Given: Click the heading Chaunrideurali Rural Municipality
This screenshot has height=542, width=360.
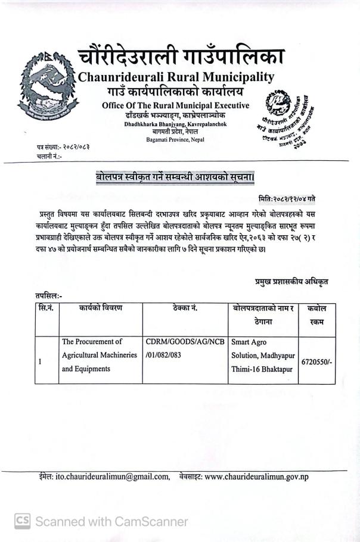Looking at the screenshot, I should coord(176,77).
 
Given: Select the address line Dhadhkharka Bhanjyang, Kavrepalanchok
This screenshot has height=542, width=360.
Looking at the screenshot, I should coord(176,124).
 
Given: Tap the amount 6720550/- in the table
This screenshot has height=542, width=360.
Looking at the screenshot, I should coord(316,361).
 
